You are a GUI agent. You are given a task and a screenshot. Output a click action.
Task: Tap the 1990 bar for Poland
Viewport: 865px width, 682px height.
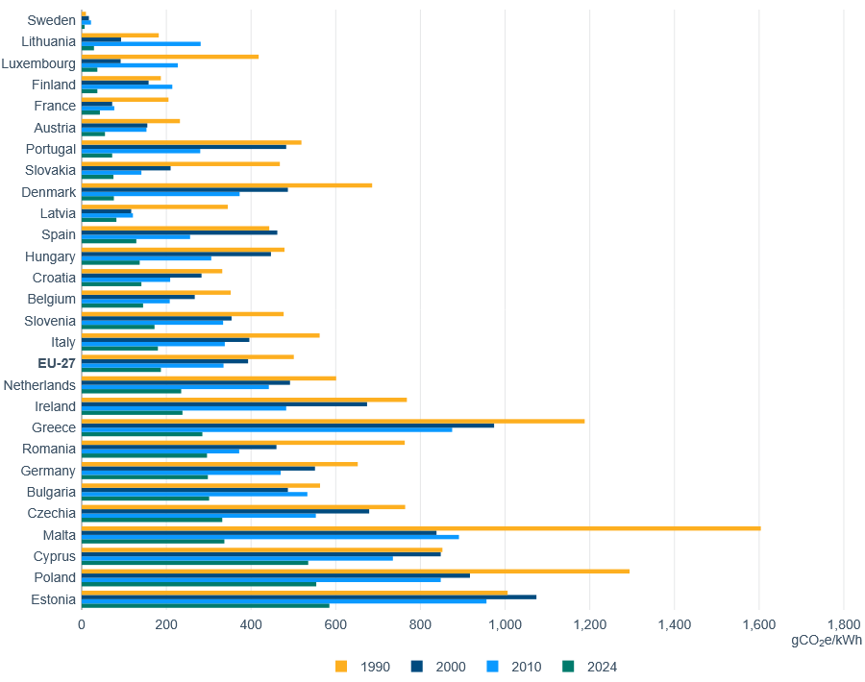356,571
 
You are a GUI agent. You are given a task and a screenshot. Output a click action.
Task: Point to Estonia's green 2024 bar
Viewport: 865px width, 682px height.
206,605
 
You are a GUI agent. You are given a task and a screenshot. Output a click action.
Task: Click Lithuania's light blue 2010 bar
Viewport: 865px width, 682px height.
141,43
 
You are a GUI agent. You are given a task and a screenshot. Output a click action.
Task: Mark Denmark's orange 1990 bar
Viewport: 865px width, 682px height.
227,185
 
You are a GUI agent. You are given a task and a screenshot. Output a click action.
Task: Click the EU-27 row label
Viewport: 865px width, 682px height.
57,364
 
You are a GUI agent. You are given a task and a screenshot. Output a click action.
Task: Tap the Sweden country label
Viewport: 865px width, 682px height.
51,20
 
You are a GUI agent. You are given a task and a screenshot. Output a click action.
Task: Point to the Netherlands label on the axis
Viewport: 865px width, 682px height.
39,385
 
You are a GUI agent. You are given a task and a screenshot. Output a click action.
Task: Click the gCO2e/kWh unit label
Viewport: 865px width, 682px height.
826,640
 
